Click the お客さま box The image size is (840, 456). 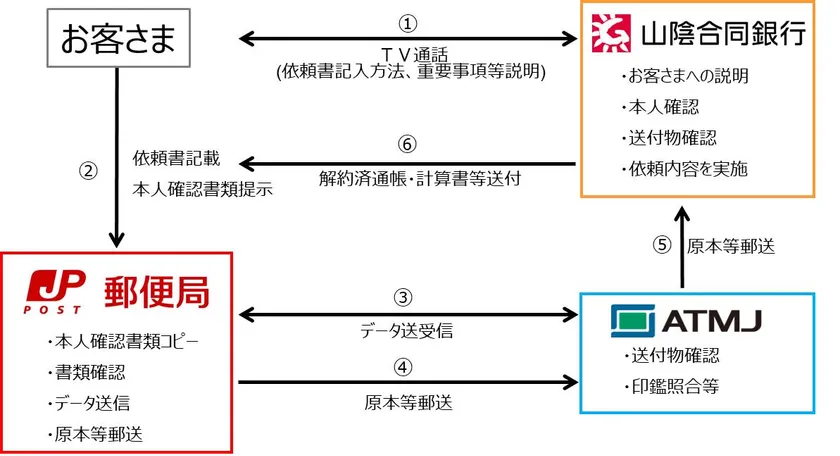tap(118, 38)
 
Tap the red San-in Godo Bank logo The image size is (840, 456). tap(611, 33)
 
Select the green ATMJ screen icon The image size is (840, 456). tap(633, 321)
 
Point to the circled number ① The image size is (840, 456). tap(408, 24)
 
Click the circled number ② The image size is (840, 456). tap(88, 171)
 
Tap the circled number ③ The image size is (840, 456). tap(403, 297)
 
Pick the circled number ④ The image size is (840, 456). tap(403, 368)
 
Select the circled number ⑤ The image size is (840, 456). tap(662, 245)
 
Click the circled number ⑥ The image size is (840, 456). tap(407, 144)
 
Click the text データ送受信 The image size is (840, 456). tap(407, 331)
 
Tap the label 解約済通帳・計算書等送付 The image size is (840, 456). tap(420, 178)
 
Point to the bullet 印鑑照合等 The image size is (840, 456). tap(672, 386)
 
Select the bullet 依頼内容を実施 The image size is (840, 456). tap(685, 169)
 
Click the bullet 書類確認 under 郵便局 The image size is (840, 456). tap(86, 372)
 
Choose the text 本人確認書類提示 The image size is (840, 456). tap(202, 189)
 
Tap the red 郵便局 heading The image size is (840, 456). tap(157, 292)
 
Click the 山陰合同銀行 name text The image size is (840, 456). tap(724, 34)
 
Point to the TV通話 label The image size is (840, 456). tap(414, 54)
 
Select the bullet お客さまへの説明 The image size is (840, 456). tap(685, 76)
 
